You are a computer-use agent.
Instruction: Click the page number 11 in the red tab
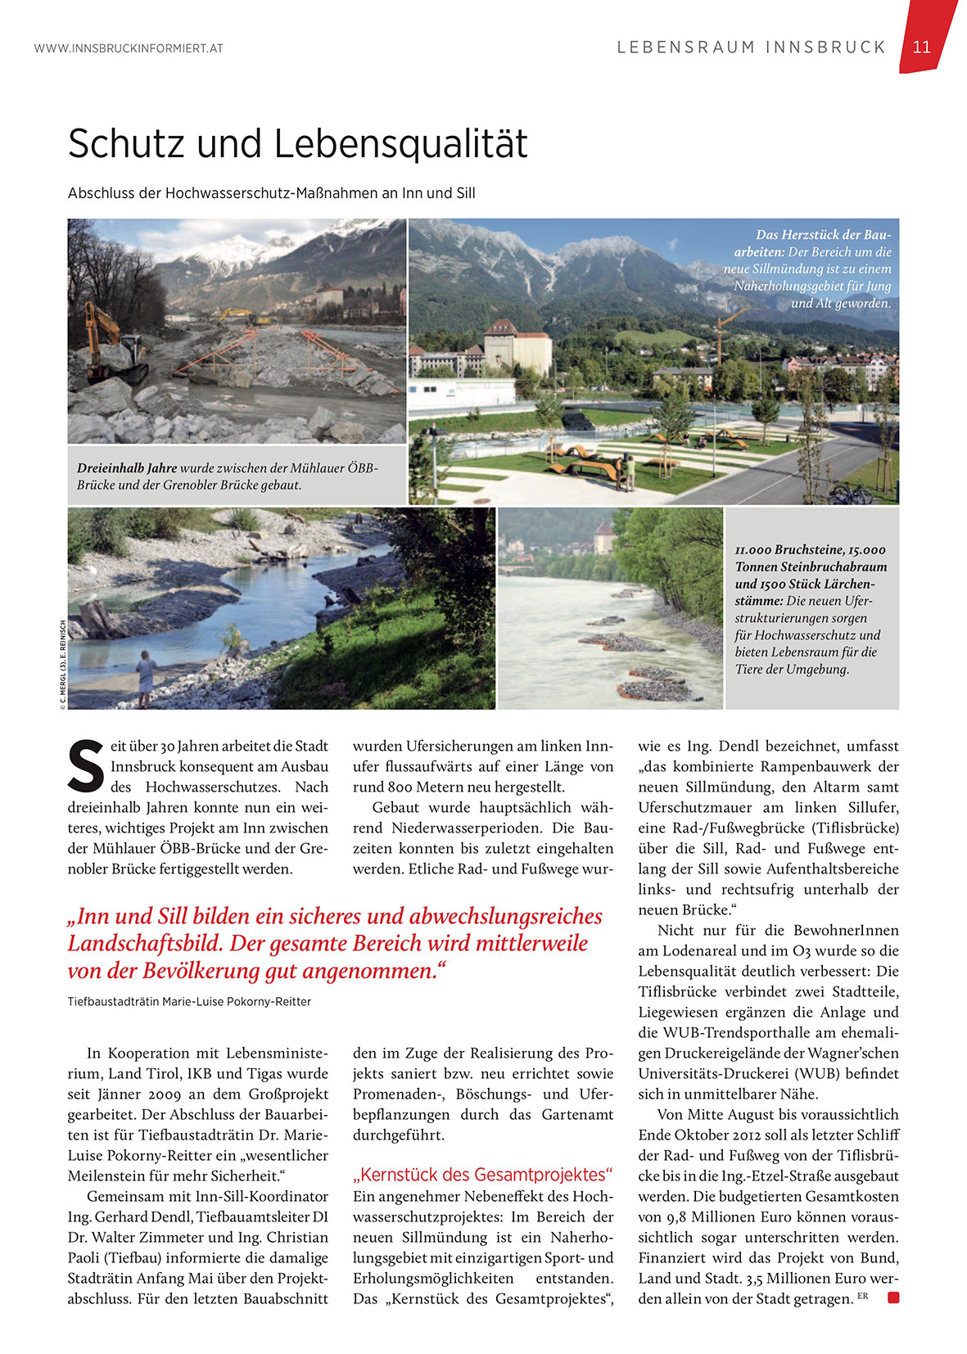tap(921, 47)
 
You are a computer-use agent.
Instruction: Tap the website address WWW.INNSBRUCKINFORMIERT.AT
tap(129, 48)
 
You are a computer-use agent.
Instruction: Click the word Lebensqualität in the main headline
tap(400, 144)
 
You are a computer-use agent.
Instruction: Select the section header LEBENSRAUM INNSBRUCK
tap(751, 47)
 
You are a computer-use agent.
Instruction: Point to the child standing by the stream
tap(146, 676)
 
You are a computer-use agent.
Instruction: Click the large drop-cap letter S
tap(86, 767)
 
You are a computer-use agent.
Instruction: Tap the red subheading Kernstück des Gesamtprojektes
tap(482, 1175)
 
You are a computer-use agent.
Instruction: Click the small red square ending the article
tap(892, 1298)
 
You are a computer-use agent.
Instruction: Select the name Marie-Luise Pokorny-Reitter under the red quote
tap(237, 1001)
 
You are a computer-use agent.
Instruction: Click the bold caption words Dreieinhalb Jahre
tap(127, 468)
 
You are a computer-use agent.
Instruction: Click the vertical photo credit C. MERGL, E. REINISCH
tap(62, 663)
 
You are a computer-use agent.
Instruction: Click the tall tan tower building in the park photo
tap(516, 347)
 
